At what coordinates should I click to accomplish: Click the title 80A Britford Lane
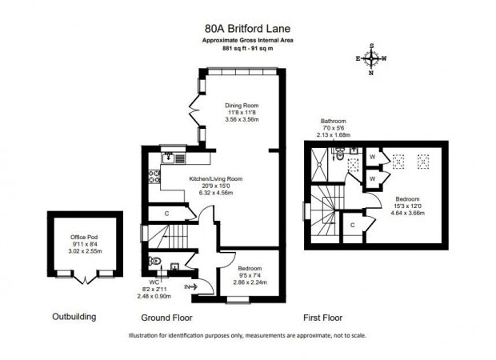pos(248,29)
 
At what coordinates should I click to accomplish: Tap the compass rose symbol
pos(371,59)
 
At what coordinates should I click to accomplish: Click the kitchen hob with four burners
pos(154,177)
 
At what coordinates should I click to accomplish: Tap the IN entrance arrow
pos(191,287)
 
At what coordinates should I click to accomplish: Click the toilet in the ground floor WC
pos(154,261)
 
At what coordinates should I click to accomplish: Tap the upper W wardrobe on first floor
pos(372,157)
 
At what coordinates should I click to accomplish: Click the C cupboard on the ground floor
pos(166,214)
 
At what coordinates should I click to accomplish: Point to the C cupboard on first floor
pos(352,225)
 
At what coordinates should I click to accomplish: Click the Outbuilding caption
pos(74,317)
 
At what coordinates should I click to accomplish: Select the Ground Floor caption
pos(166,318)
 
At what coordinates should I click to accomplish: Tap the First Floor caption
pos(322,318)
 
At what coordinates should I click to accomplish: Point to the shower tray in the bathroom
pos(319,165)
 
